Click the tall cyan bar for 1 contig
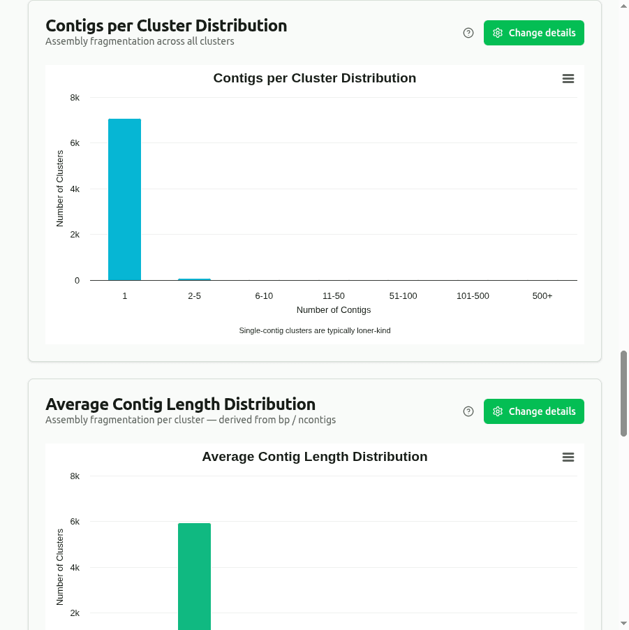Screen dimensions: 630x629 point(124,200)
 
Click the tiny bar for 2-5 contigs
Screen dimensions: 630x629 point(194,279)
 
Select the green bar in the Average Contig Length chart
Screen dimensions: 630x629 point(194,576)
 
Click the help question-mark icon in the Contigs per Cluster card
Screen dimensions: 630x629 point(468,33)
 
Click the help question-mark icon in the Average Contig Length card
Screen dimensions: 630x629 point(468,411)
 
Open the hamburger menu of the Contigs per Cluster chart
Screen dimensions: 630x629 point(568,79)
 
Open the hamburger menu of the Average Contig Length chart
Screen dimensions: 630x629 point(568,457)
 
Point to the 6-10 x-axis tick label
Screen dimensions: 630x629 point(264,296)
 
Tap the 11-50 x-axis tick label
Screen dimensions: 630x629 point(334,296)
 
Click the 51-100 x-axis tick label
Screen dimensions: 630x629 point(403,296)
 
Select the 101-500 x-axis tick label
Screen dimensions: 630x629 point(473,296)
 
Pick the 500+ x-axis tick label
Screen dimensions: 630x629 point(542,296)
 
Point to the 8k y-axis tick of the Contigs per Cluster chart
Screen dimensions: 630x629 point(75,98)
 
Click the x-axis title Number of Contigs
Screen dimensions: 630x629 point(334,310)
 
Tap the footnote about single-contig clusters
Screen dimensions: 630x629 point(315,330)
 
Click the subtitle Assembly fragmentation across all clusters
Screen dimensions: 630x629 point(140,42)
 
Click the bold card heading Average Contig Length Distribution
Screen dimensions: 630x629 point(180,404)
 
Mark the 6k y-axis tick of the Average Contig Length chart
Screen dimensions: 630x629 point(75,522)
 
